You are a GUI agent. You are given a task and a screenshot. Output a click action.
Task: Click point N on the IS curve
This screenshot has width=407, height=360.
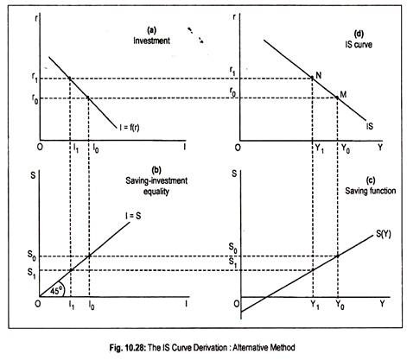click(x=312, y=78)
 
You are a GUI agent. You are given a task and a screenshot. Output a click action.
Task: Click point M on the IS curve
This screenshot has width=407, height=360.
click(x=337, y=98)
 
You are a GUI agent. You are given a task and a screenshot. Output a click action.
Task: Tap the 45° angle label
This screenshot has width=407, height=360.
click(x=56, y=291)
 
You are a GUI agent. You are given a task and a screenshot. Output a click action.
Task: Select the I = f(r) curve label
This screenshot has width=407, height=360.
click(x=130, y=127)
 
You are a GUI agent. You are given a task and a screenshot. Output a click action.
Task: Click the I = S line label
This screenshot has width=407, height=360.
click(x=133, y=216)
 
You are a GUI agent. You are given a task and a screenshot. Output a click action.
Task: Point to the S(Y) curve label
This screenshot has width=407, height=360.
click(x=384, y=234)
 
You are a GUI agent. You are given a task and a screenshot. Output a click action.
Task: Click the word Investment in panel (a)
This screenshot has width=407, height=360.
click(x=151, y=41)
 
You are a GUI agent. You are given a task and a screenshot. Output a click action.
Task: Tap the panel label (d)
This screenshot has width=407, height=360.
click(x=359, y=35)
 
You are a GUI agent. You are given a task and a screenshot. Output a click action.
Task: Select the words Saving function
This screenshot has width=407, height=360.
click(x=371, y=191)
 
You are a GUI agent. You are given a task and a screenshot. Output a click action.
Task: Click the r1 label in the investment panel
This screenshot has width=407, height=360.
click(x=35, y=79)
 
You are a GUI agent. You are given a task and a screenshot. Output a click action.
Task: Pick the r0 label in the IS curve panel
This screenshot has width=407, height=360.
click(x=233, y=92)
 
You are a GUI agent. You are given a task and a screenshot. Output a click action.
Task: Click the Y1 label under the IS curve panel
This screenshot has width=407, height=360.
click(x=317, y=148)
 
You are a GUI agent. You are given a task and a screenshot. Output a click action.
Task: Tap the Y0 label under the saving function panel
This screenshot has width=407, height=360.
click(x=340, y=305)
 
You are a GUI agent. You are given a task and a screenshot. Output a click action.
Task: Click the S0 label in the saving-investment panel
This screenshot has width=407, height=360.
click(x=32, y=256)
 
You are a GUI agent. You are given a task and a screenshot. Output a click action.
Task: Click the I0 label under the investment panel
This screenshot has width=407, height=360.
click(x=95, y=148)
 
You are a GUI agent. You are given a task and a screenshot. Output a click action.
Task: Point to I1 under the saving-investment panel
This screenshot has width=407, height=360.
click(x=72, y=305)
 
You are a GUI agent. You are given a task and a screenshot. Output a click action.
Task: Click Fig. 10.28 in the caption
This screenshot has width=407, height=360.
click(x=128, y=348)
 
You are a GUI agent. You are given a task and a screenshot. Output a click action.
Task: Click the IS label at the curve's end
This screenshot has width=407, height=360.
click(x=370, y=126)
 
